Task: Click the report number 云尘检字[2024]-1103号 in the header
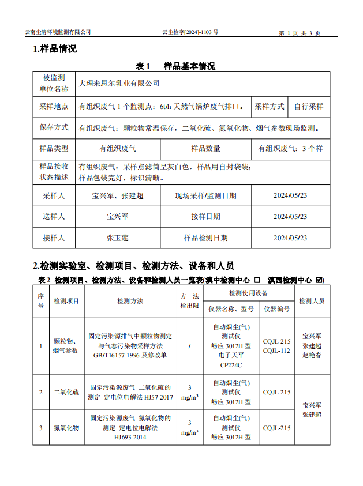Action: click(x=190, y=33)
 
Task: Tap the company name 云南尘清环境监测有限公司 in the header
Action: click(x=58, y=33)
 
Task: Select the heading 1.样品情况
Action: click(x=55, y=49)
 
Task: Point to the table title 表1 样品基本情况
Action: click(x=175, y=66)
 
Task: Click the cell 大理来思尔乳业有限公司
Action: click(x=119, y=84)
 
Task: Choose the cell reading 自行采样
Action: click(x=309, y=107)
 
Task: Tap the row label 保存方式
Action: click(x=54, y=128)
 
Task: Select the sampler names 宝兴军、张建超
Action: click(x=118, y=196)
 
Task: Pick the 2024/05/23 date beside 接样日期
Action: click(x=290, y=217)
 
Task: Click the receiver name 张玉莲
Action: click(x=118, y=238)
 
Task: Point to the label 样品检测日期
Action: click(x=205, y=238)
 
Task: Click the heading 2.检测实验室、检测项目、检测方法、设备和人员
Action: click(x=133, y=266)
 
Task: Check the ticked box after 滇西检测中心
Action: click(x=319, y=280)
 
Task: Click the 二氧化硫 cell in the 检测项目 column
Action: click(x=66, y=392)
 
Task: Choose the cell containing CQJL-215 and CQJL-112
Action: click(x=276, y=346)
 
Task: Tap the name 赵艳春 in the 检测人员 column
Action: click(x=312, y=355)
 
